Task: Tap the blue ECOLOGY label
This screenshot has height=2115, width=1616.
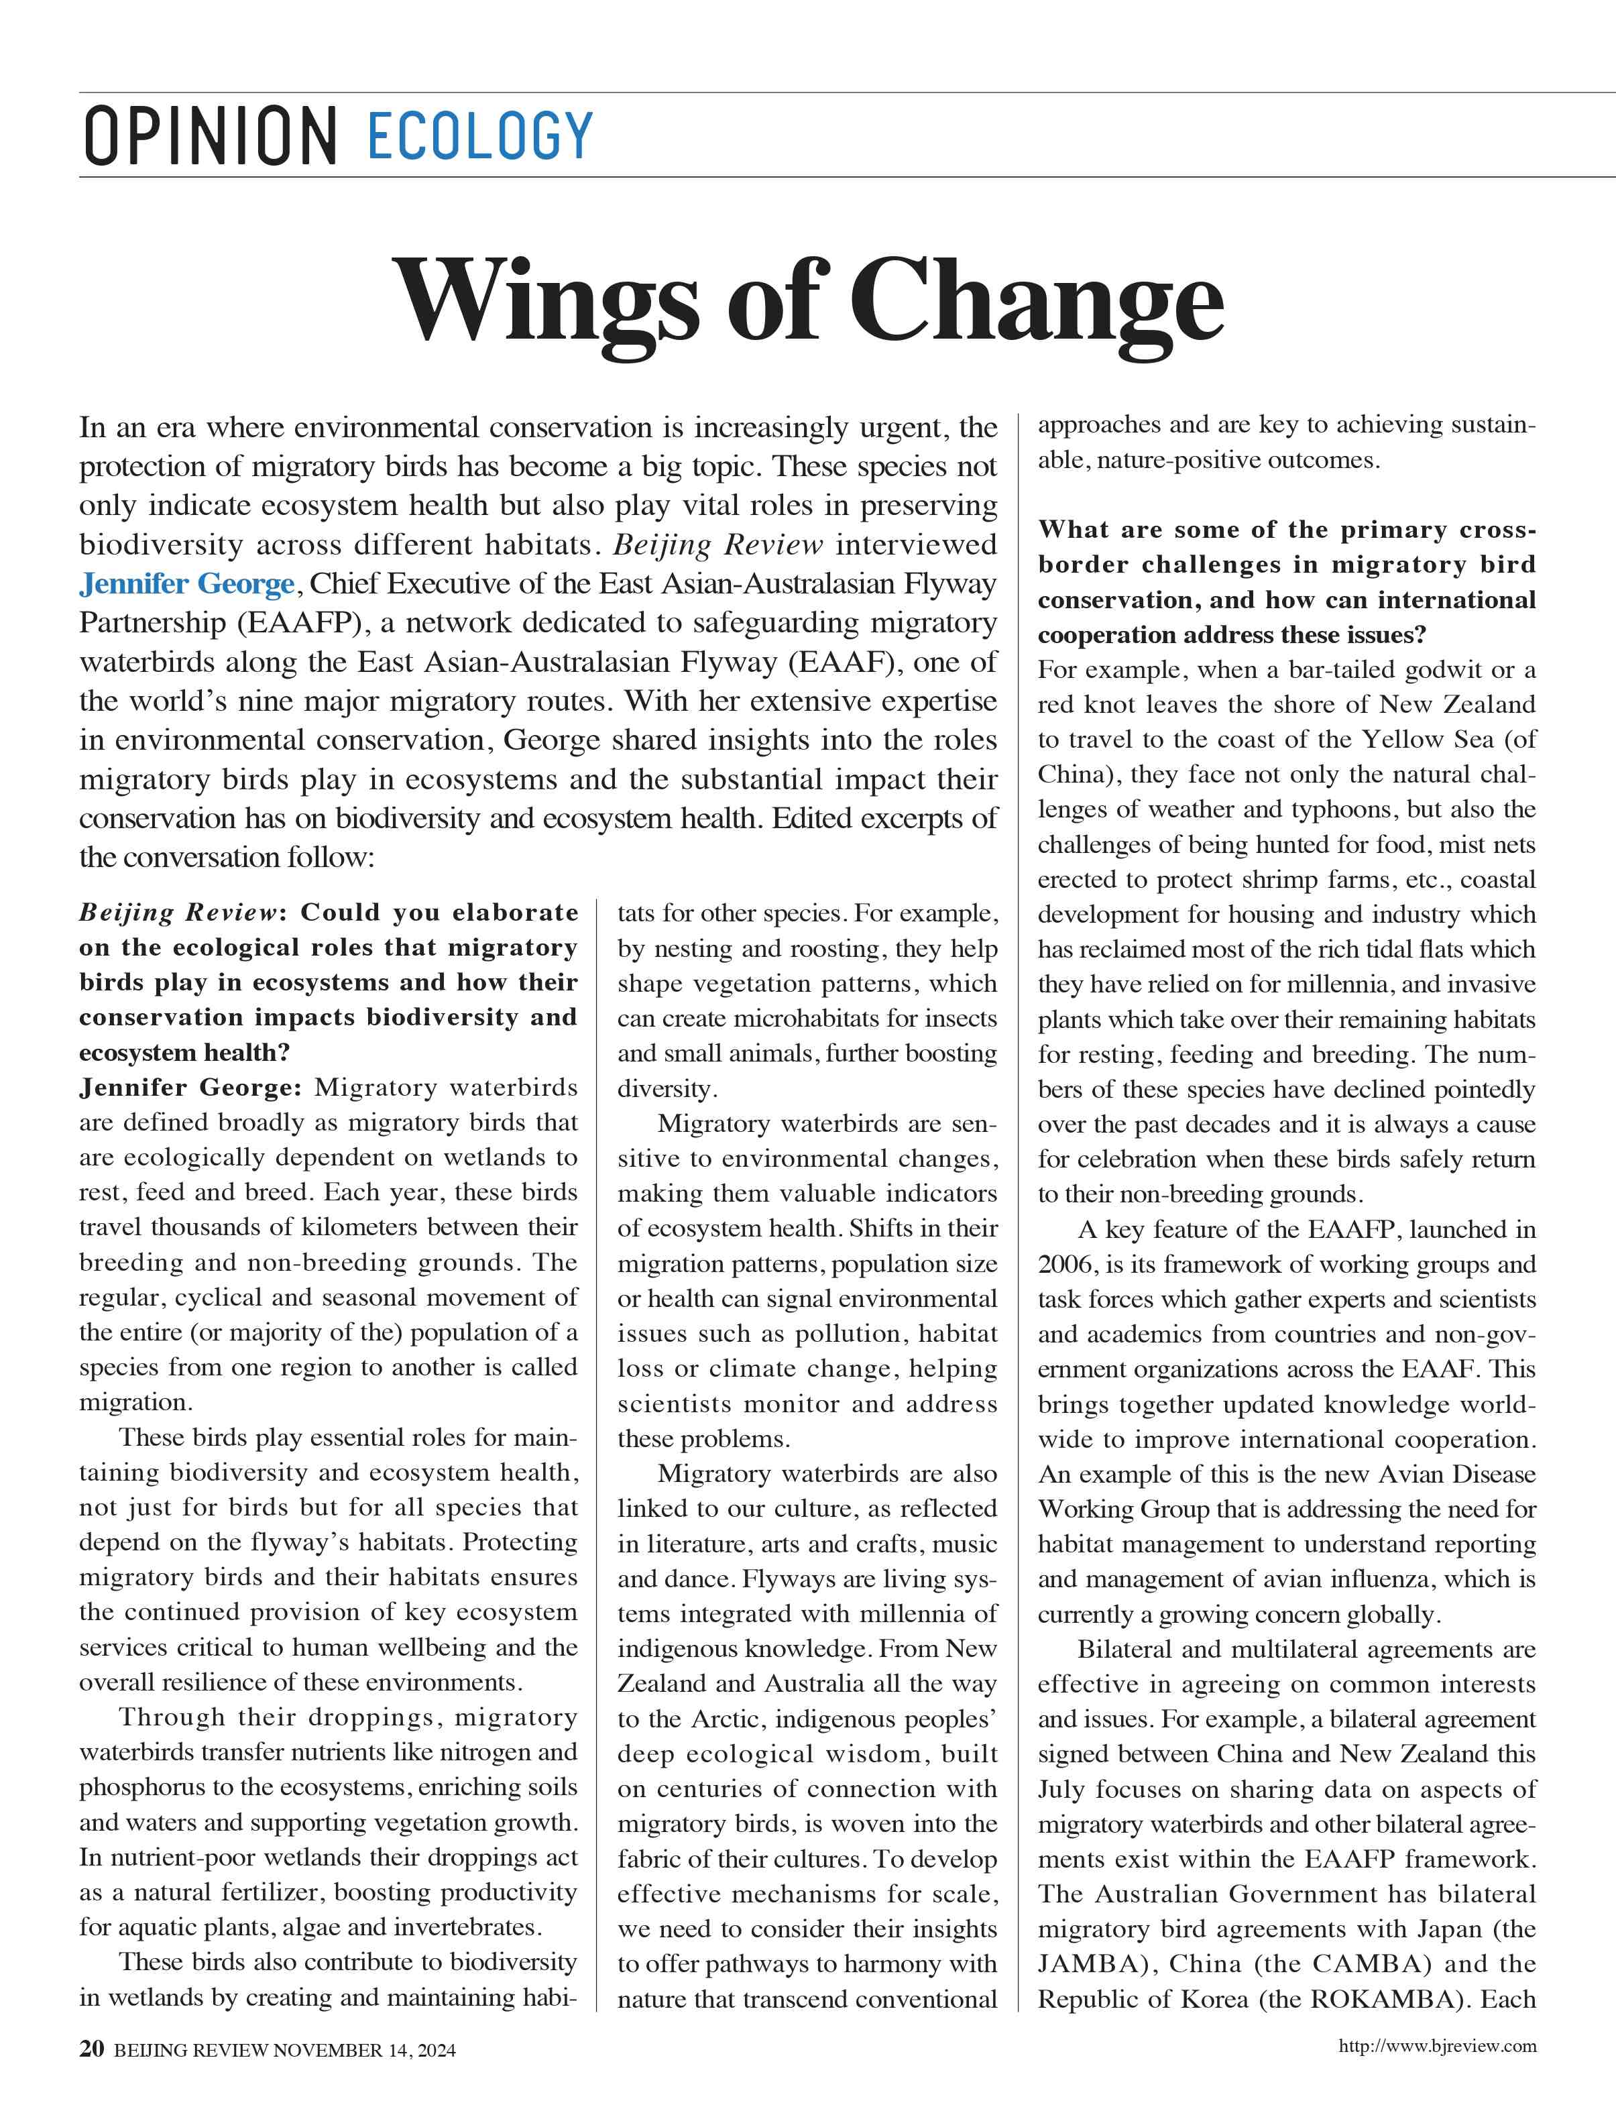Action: tap(479, 135)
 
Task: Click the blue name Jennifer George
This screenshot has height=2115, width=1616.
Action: tap(186, 584)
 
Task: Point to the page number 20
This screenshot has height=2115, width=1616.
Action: tap(91, 2075)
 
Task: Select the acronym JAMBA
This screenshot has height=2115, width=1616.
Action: tap(1083, 1964)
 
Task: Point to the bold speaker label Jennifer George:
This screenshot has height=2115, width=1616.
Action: tap(190, 1088)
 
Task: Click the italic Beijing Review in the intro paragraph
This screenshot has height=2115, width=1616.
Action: tap(717, 545)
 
